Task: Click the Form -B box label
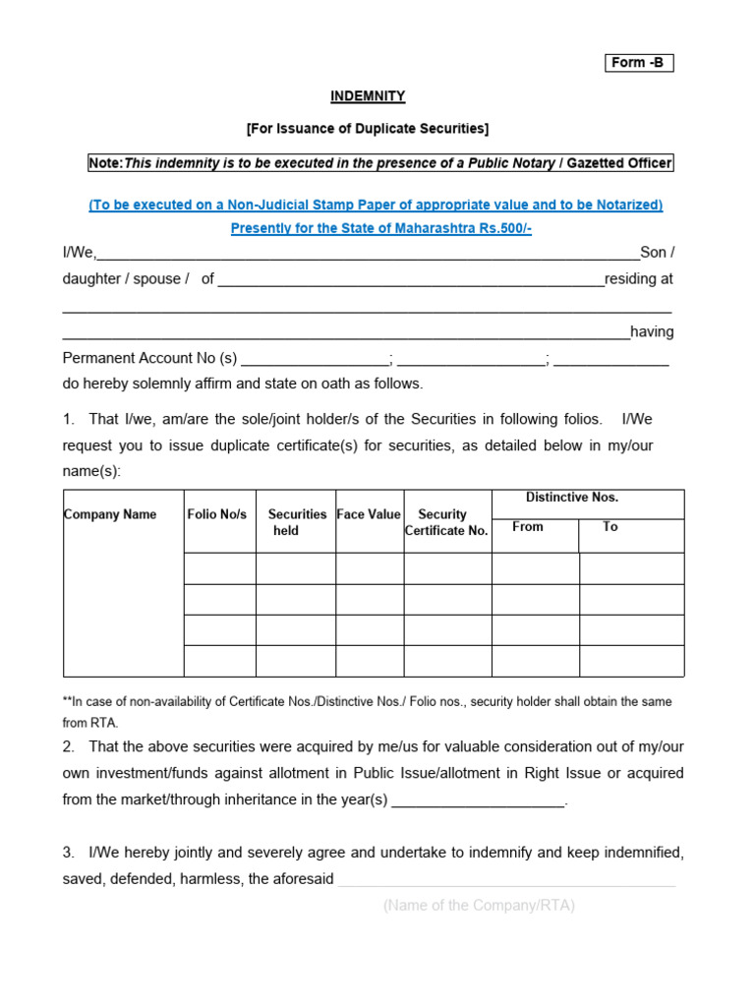point(638,63)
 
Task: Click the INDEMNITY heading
point(367,96)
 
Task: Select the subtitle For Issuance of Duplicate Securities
point(367,129)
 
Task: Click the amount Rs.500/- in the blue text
point(503,228)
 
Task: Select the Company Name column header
point(110,514)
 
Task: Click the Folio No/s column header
point(217,514)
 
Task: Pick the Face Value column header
point(369,514)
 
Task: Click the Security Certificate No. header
point(446,522)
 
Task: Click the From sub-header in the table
point(528,527)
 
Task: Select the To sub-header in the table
point(610,527)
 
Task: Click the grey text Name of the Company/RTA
point(479,906)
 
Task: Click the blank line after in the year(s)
point(479,801)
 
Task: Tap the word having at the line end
point(652,332)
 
